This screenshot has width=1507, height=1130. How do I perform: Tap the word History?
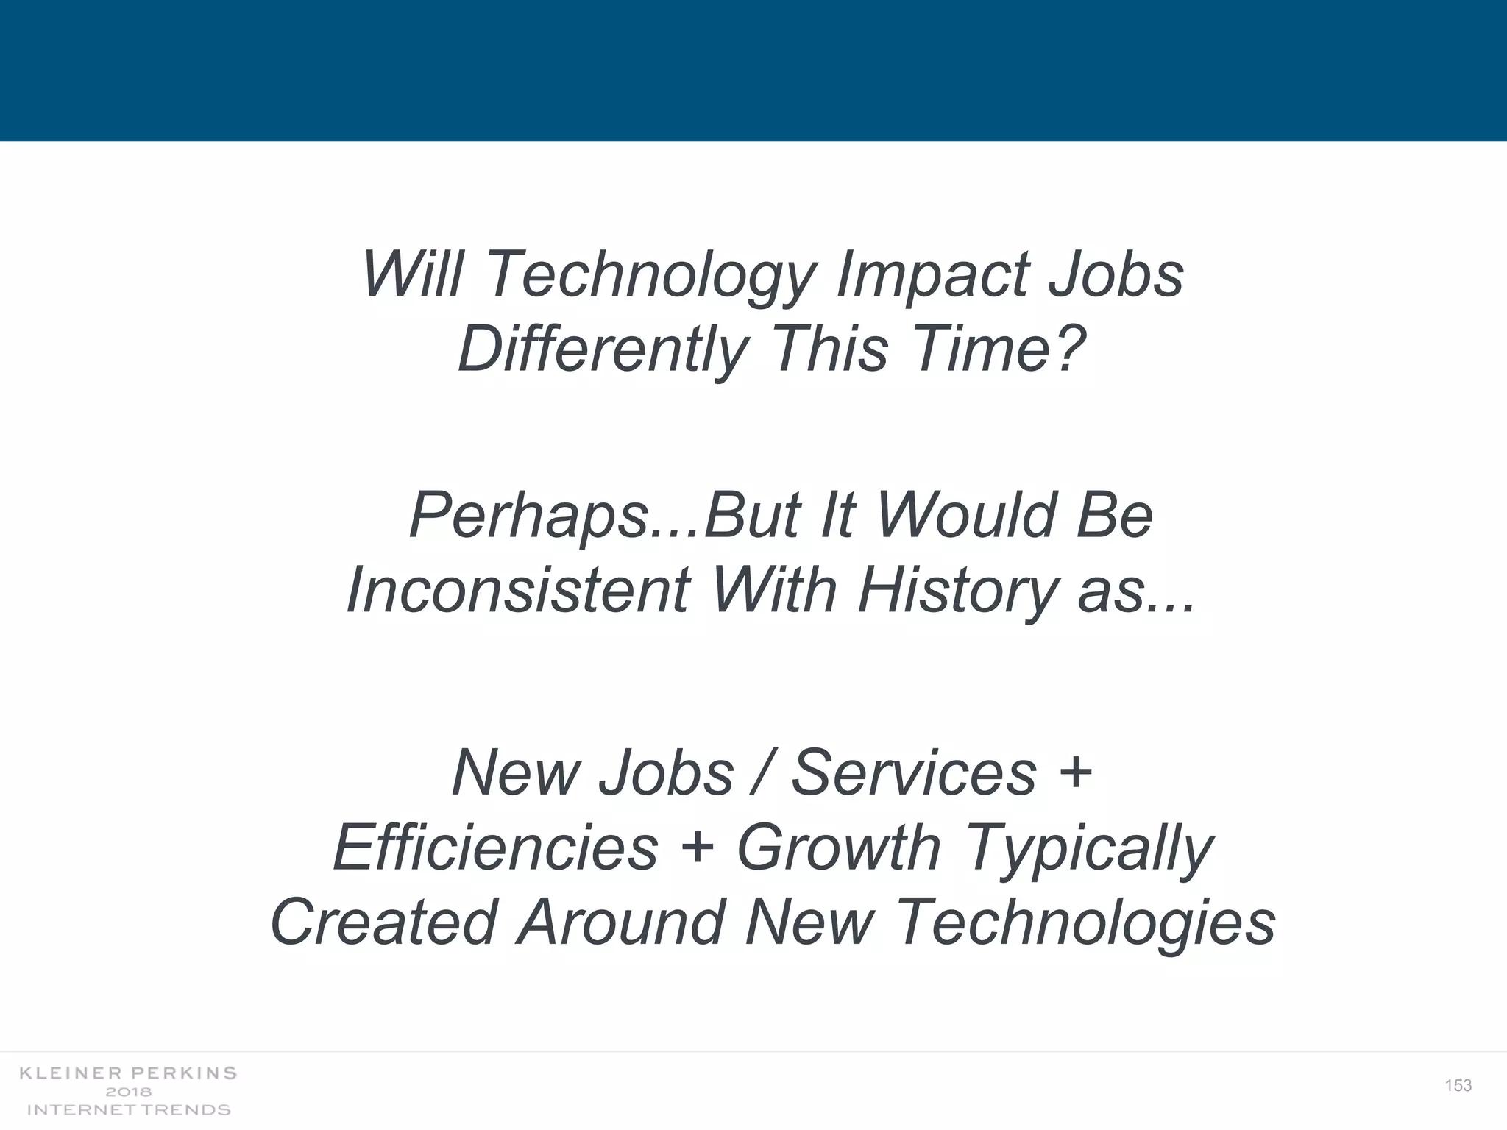pos(957,590)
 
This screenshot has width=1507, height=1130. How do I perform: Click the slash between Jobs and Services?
pos(762,772)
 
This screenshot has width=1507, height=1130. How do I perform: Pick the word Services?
pos(914,772)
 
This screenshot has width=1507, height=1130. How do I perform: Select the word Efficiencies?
pos(495,847)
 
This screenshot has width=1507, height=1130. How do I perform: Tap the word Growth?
pos(839,847)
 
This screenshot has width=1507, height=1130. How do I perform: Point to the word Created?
pos(384,923)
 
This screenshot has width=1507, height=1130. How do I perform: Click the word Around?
pos(621,923)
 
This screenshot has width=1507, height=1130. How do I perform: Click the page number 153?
pos(1458,1085)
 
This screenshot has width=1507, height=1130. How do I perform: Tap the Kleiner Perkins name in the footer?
pos(128,1073)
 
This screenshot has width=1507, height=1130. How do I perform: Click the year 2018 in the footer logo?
pos(129,1092)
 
